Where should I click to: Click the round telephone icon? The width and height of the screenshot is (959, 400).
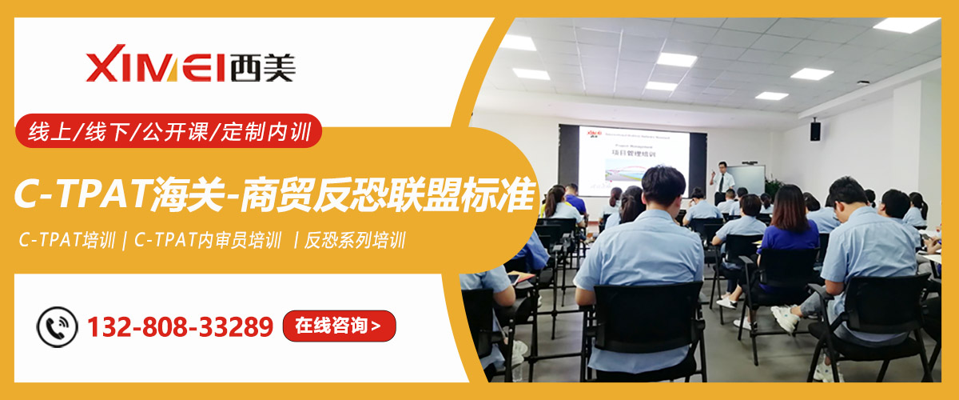click(58, 326)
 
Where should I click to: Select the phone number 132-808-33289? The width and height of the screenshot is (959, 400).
click(180, 326)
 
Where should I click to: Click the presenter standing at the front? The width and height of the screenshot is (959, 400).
click(723, 180)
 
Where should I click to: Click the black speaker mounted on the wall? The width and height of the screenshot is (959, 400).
click(815, 130)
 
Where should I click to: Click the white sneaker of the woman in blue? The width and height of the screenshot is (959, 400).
click(726, 302)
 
